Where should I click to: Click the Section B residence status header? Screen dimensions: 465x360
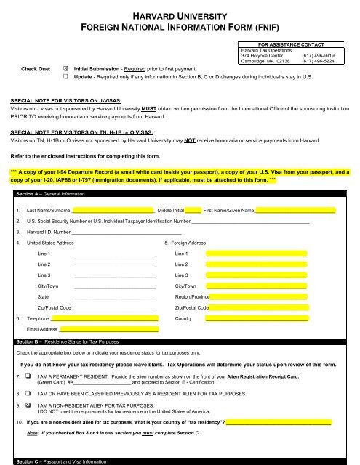coord(70,340)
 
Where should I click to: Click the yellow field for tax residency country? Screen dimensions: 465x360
coord(279,422)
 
